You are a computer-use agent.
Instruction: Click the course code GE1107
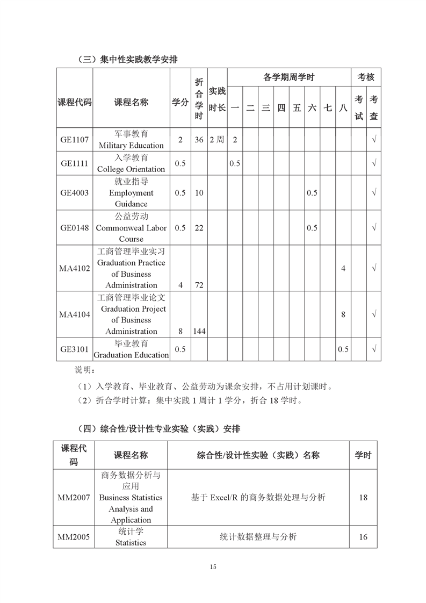(75, 139)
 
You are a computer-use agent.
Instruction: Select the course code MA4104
(75, 314)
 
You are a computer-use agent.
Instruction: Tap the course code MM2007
(74, 497)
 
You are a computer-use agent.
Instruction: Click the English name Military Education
(131, 146)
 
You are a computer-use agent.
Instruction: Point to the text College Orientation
(131, 169)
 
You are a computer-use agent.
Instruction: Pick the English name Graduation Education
(131, 355)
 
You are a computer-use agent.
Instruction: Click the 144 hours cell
(199, 332)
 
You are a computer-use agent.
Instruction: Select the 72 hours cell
(199, 285)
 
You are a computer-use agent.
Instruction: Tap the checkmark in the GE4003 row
(374, 192)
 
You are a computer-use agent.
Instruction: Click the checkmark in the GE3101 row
(374, 349)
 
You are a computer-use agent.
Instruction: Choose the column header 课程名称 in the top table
(131, 103)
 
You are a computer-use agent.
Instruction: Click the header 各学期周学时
(288, 77)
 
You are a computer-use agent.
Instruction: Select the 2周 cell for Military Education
(217, 140)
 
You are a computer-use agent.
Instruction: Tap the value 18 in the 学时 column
(363, 497)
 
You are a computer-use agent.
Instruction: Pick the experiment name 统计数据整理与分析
(258, 536)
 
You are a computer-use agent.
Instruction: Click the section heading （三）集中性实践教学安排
(127, 60)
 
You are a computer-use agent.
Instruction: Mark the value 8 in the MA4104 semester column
(343, 314)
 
